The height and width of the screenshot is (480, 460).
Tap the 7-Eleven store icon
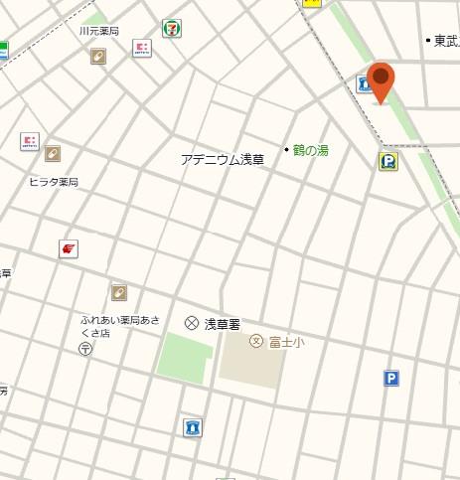173,27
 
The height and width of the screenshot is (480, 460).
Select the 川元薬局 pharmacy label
98,32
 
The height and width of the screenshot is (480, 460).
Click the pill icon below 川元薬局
98,57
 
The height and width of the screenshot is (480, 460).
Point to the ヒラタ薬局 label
53,182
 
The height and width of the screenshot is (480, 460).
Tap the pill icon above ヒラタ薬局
52,154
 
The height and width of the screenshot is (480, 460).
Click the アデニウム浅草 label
223,159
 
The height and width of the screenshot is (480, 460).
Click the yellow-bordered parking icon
387,161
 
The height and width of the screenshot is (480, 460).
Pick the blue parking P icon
391,378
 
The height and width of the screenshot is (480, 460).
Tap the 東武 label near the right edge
446,41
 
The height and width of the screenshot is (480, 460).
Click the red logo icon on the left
68,248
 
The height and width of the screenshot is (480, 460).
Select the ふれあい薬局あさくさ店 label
119,326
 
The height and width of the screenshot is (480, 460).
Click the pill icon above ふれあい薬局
119,292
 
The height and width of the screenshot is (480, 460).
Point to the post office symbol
86,349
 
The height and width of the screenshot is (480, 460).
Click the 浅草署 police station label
223,323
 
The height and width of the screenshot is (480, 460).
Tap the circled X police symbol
192,323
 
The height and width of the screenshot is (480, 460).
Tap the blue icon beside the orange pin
365,85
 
